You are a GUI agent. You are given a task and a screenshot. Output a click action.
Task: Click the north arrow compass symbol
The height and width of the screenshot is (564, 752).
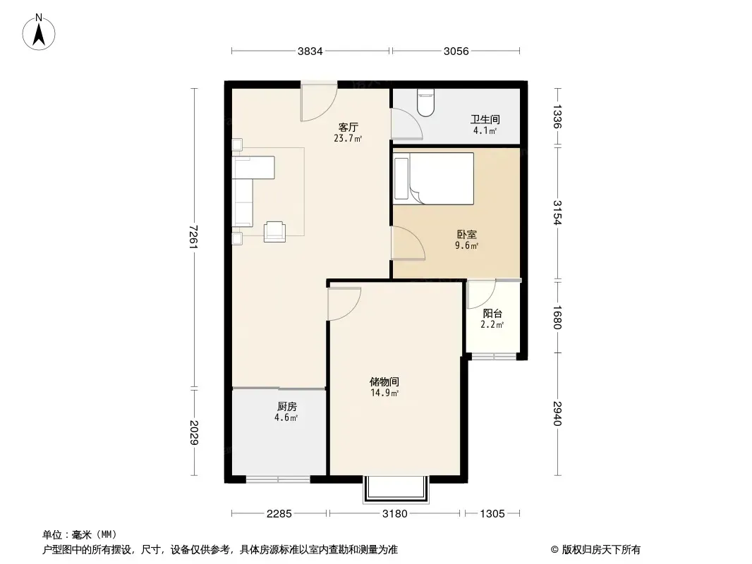click(39, 32)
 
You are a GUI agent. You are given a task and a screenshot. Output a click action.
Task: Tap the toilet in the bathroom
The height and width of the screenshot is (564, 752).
click(425, 102)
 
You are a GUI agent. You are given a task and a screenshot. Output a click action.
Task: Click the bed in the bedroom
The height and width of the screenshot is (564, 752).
click(434, 178)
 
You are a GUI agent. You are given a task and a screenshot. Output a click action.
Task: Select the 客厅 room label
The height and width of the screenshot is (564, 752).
click(348, 127)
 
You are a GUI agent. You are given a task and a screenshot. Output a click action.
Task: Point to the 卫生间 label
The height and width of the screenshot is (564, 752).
click(485, 119)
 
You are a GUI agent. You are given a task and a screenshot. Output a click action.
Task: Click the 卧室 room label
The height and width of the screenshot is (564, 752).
click(466, 234)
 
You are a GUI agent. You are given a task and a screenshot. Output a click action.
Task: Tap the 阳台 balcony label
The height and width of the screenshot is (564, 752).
click(492, 314)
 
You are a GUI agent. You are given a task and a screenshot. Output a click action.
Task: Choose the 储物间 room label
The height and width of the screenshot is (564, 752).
click(384, 382)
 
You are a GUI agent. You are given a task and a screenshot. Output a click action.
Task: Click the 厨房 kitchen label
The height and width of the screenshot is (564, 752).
click(287, 406)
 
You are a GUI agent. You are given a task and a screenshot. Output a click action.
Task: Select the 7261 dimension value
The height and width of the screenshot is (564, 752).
click(193, 237)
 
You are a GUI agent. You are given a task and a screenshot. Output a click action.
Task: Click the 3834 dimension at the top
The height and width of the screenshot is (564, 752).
click(310, 51)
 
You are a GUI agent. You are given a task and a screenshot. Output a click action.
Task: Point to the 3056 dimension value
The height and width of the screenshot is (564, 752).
click(456, 51)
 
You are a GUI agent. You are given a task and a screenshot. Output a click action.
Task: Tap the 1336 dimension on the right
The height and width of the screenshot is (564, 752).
click(557, 116)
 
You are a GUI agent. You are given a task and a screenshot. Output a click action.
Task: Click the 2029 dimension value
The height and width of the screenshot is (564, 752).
click(193, 432)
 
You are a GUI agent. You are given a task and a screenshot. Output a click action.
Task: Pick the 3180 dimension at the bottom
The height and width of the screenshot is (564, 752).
click(395, 514)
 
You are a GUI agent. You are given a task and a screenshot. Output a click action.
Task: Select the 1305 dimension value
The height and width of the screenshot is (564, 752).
click(492, 514)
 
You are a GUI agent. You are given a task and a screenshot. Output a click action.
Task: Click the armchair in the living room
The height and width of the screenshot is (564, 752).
click(275, 231)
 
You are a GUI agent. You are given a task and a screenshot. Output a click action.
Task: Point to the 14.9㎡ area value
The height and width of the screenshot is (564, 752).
click(384, 393)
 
